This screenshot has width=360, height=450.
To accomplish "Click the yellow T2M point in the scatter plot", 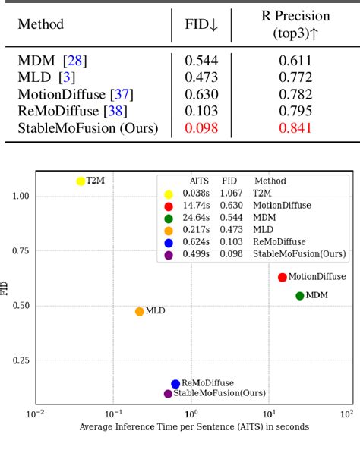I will click(81, 181).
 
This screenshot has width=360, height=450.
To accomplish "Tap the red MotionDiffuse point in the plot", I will click(283, 278).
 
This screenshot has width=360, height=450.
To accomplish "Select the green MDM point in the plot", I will click(300, 296).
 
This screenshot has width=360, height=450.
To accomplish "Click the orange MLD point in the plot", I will click(140, 311).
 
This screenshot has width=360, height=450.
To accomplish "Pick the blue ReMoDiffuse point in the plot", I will click(175, 384).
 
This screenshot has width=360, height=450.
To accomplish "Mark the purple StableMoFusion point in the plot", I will click(168, 393).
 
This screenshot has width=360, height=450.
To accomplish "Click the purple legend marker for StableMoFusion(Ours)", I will click(168, 255).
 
